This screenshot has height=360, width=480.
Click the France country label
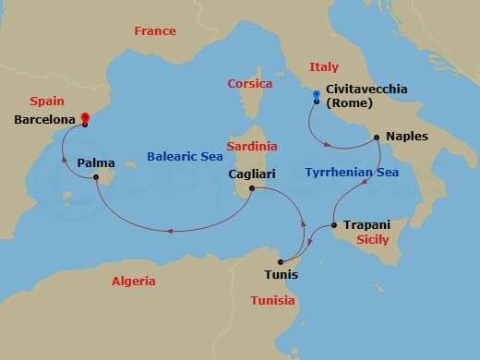tap(154, 30)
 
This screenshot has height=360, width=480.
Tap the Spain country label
tap(46, 101)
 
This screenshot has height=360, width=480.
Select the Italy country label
tap(324, 66)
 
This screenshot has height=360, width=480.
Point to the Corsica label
tap(249, 84)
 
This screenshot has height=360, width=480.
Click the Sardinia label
tap(252, 146)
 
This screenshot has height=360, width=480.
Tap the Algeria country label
tap(133, 281)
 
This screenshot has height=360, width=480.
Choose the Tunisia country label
tap(272, 300)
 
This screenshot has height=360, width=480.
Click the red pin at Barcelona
tap(84, 117)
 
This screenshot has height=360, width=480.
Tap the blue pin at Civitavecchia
tap(316, 95)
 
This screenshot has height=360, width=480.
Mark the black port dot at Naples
tap(377, 138)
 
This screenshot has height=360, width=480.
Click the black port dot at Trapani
tap(333, 225)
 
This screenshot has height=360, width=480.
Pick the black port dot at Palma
tap(96, 178)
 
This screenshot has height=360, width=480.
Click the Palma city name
tap(96, 163)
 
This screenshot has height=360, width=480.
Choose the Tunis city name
tap(281, 274)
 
